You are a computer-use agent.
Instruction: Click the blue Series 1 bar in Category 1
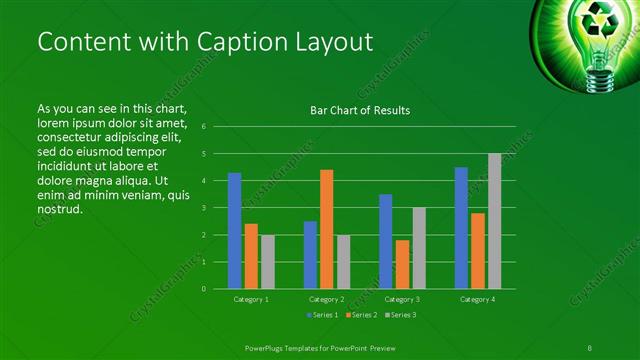[234, 231]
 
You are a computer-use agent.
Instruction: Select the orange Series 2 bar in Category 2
[326, 229]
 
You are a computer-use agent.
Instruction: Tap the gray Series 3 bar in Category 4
[494, 221]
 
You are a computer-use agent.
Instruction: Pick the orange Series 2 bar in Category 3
[402, 264]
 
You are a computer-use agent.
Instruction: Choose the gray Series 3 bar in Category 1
[267, 262]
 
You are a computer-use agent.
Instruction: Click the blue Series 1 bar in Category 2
[310, 255]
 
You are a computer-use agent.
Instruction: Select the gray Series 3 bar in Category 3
[419, 248]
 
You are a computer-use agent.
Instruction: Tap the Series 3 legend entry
[400, 315]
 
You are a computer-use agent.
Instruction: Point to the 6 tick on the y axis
[203, 127]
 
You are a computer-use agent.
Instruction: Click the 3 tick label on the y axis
[203, 208]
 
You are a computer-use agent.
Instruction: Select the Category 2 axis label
[326, 299]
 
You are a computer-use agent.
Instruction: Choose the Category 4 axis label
[477, 299]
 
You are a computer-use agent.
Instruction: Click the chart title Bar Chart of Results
[360, 110]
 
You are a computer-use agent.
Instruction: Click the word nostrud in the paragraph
[59, 209]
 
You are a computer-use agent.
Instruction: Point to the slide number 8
[591, 346]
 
